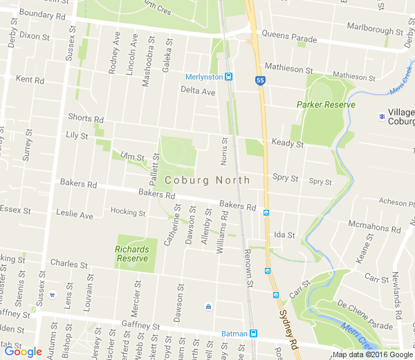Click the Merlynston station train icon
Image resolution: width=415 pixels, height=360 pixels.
pyautogui.click(x=228, y=77)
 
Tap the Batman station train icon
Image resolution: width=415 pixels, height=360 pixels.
pyautogui.click(x=253, y=333)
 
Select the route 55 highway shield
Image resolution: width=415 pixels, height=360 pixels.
pyautogui.click(x=260, y=81)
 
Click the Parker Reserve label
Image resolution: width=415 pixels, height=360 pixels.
pyautogui.click(x=326, y=105)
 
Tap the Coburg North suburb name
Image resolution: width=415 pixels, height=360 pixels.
pyautogui.click(x=207, y=180)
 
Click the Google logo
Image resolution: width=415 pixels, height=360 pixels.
pyautogui.click(x=23, y=351)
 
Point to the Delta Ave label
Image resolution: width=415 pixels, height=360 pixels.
pyautogui.click(x=198, y=91)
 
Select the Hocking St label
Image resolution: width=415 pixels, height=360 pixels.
pyautogui.click(x=128, y=212)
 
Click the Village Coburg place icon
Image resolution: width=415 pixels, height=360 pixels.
pyautogui.click(x=382, y=115)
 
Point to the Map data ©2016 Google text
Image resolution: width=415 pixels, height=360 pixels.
pyautogui.click(x=372, y=354)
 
